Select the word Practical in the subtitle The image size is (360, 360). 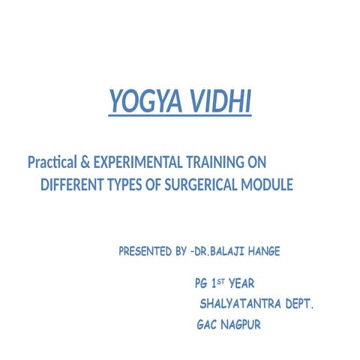coord(52,161)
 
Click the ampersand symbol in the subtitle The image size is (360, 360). coord(86,161)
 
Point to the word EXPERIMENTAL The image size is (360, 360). coord(136,161)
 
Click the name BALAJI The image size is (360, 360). coord(229,251)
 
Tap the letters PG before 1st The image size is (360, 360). coord(200,285)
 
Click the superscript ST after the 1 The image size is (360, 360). coord(223,282)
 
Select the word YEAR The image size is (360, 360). coord(242,285)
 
